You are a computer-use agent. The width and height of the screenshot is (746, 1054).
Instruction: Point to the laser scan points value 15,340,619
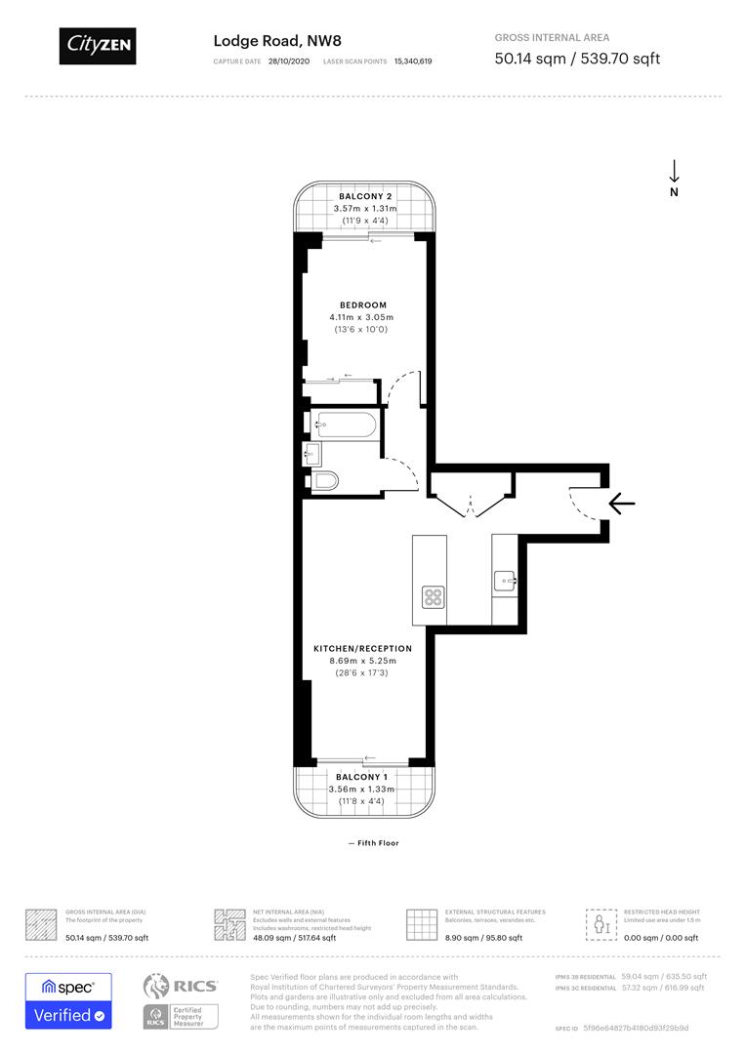[413, 61]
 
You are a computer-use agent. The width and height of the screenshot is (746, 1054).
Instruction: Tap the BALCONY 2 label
[365, 196]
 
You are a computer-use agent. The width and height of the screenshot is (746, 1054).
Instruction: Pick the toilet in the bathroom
[325, 480]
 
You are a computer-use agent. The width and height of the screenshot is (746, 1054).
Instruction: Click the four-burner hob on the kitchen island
[433, 595]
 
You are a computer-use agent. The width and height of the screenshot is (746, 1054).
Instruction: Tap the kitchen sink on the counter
[505, 581]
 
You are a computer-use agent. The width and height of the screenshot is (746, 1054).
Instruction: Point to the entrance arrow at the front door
[622, 504]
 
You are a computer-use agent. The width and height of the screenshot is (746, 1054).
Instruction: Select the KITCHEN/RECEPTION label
[362, 648]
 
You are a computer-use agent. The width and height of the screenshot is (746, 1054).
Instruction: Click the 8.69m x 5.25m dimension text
[362, 661]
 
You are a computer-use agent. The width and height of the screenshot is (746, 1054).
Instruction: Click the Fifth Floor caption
[373, 843]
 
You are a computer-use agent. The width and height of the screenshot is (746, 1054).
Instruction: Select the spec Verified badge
[68, 1000]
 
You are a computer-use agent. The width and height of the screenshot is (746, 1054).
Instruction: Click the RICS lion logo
[160, 986]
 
